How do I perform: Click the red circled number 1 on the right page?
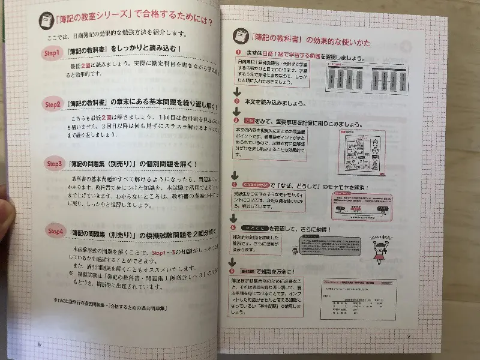(238, 53)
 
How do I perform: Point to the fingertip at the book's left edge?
(6, 210)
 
